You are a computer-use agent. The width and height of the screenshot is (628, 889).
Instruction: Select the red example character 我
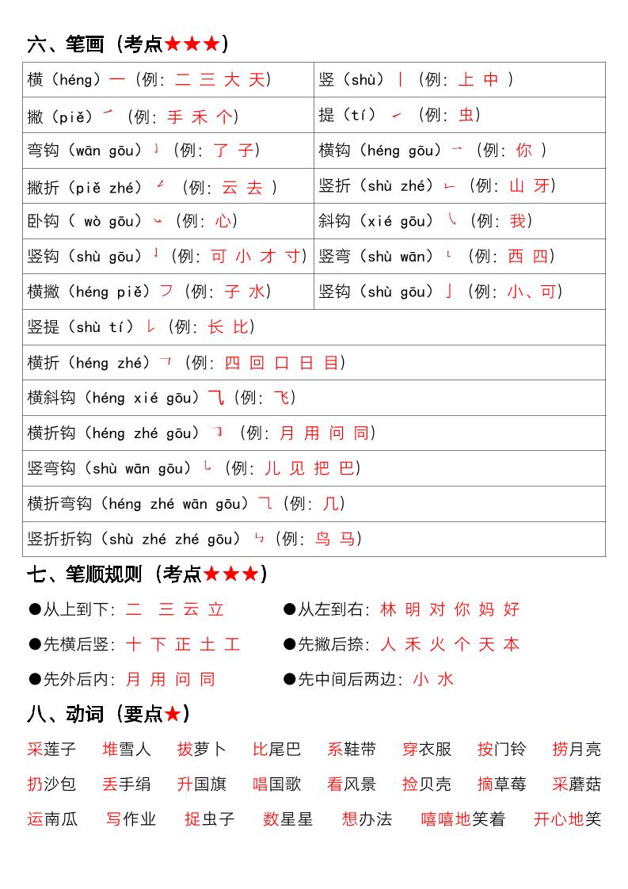(x=518, y=221)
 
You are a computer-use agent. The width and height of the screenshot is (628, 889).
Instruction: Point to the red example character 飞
(x=282, y=398)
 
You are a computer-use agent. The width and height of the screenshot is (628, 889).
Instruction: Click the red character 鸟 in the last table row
(x=322, y=539)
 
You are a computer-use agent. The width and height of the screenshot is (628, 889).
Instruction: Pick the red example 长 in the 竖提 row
(x=216, y=327)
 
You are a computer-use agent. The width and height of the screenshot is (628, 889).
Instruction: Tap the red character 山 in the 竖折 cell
(x=517, y=186)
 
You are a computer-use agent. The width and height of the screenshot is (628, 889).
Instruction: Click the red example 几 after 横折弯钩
(x=330, y=504)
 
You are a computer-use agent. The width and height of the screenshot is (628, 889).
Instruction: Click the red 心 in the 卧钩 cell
(x=223, y=221)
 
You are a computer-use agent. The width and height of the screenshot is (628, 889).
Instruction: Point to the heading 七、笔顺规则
(x=84, y=574)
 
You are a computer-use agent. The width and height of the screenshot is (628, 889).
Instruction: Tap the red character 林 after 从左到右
(x=388, y=609)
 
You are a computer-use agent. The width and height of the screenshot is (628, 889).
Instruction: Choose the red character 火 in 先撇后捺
(x=437, y=645)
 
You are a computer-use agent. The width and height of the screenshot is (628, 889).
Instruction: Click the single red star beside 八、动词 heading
(x=173, y=714)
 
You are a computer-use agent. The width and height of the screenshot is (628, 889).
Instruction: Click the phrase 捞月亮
(x=577, y=750)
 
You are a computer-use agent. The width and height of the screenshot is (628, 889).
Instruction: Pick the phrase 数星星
(x=287, y=819)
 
